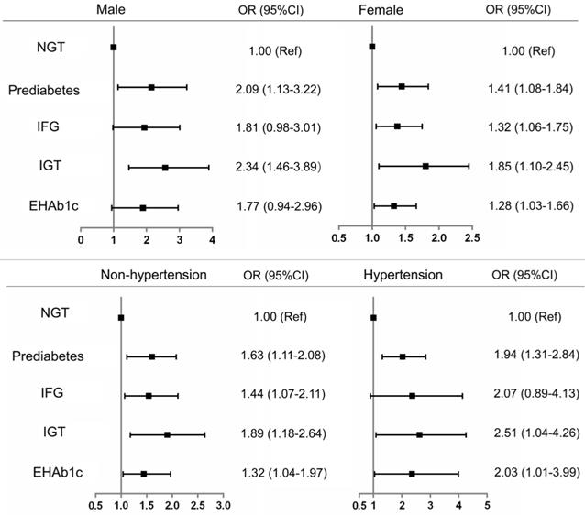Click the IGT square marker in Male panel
[165, 168]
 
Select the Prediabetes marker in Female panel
[402, 86]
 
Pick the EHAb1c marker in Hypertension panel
[412, 474]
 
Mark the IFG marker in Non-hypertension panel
[149, 396]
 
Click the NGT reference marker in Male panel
[113, 47]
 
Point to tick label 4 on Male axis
[212, 240]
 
